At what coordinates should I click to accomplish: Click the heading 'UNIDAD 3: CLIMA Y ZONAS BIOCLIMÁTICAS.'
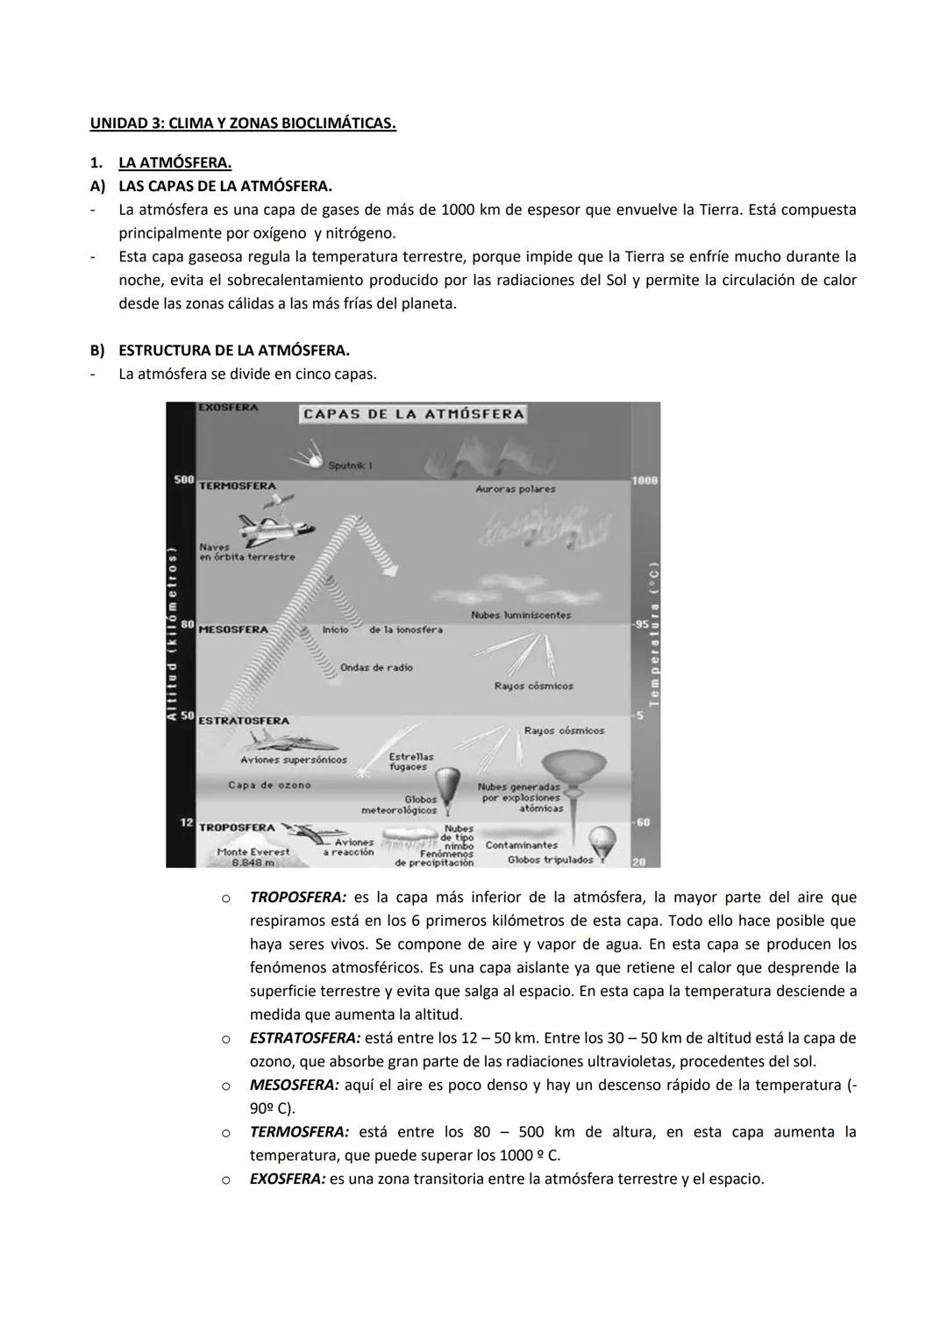coord(243,124)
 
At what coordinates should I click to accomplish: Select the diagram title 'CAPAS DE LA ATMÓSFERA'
coord(413,414)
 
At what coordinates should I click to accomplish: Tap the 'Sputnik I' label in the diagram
coord(350,466)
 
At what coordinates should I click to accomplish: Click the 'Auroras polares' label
coord(516,489)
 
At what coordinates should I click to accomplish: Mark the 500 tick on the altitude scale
coord(183,481)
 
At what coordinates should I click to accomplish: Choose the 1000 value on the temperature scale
coord(644,481)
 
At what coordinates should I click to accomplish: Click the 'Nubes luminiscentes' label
coord(521,615)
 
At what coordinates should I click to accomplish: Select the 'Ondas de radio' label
coord(376,667)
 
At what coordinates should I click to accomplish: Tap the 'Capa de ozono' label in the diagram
coord(269,785)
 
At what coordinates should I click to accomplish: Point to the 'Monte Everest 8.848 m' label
coord(253,857)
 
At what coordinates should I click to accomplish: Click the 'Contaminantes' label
coord(521,845)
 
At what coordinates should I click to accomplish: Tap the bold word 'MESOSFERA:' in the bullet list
coord(294,1086)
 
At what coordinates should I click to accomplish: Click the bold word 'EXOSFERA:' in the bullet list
coord(287,1179)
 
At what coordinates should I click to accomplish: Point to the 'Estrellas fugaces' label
coord(410,761)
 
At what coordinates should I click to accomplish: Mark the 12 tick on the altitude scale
coord(186,823)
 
